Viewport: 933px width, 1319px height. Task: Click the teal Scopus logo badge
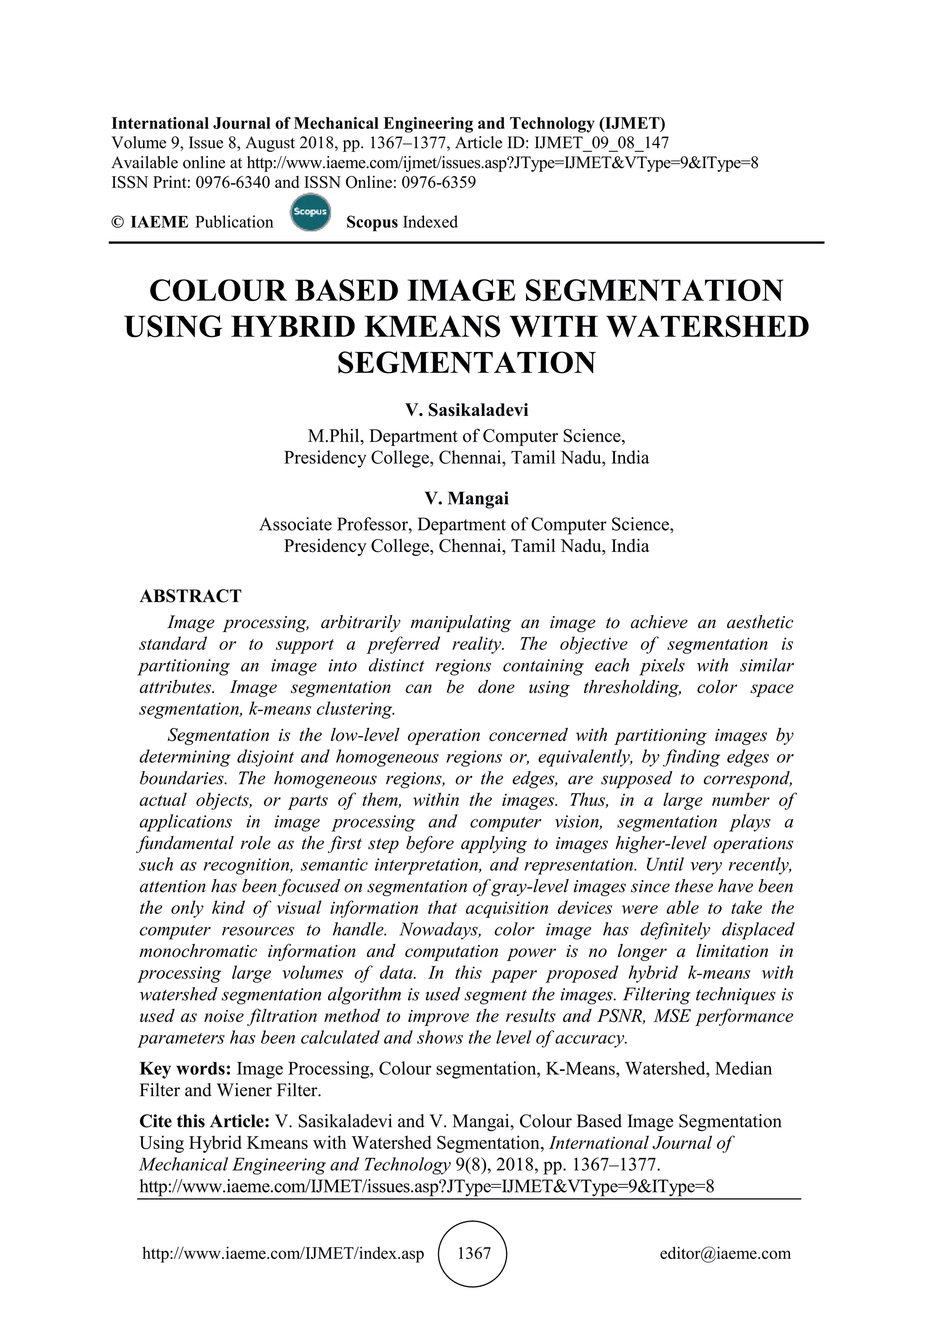(310, 213)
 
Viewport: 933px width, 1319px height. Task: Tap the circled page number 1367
(473, 1253)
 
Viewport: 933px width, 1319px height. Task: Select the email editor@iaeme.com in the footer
(725, 1253)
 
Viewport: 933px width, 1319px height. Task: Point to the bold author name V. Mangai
(466, 498)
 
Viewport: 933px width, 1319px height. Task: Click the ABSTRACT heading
(190, 596)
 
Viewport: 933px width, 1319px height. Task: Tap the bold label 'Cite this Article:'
(205, 1121)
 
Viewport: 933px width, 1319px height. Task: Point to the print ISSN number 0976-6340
(233, 183)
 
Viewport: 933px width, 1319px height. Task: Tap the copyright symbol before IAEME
(118, 222)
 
